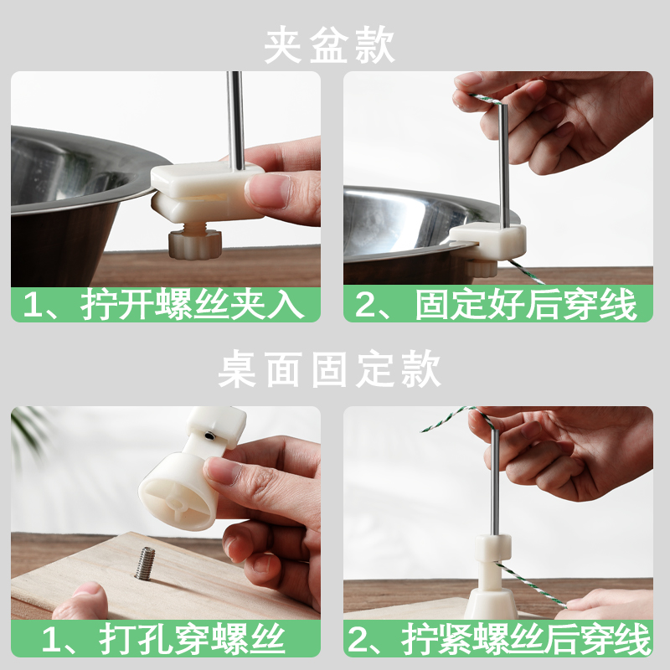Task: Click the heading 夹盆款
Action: click(329, 45)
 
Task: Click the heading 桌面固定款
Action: click(329, 369)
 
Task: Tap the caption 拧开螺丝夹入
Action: click(193, 305)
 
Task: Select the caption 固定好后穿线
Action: click(525, 305)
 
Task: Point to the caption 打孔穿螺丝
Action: click(193, 639)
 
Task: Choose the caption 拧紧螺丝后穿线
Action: click(526, 639)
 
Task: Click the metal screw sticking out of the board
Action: click(145, 564)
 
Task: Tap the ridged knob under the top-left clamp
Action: click(194, 244)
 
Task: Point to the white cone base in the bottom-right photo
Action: click(492, 602)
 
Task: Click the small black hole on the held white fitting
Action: click(210, 435)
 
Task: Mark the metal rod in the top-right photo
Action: click(505, 164)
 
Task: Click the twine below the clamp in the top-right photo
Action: click(526, 271)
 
